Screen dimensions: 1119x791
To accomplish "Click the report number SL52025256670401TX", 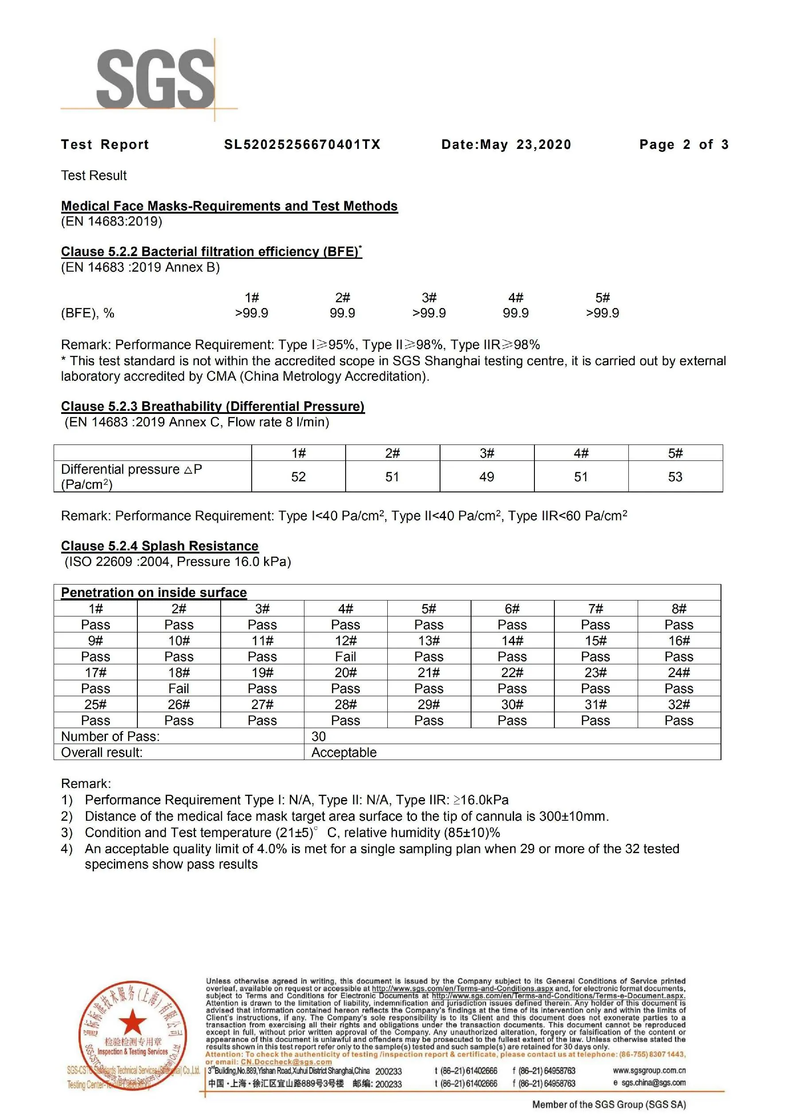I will pos(302,145).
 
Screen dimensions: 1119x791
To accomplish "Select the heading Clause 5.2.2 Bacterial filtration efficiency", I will pos(211,251).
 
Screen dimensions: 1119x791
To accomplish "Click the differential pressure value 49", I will pos(487,477).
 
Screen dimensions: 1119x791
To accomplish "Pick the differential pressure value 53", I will pos(675,477).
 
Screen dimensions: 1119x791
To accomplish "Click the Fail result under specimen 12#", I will pos(346,656).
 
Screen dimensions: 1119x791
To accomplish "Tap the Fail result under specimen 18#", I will pos(179,689).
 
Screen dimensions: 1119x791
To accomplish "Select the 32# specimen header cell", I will pos(678,704).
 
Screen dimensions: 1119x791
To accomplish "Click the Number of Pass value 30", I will pos(318,737).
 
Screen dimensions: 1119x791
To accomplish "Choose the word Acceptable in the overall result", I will pos(343,752).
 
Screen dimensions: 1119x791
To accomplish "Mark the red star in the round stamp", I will pos(132,1022).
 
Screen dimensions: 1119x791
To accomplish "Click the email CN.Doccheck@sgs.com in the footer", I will pos(286,1062).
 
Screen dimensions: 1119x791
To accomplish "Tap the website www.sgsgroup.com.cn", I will pos(649,1071).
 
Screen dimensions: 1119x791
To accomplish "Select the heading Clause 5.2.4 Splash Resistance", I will pos(160,546).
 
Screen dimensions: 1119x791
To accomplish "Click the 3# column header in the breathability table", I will pos(487,453).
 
